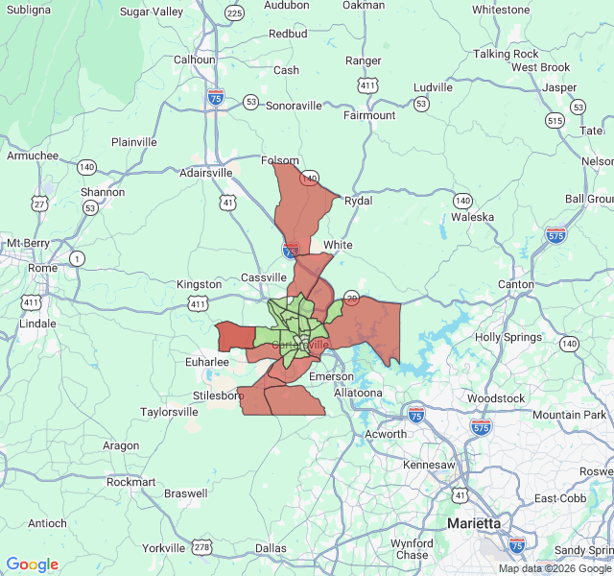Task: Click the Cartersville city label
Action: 300,344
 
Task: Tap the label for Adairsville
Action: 206,173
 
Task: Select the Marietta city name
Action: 474,523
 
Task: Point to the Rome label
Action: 42,268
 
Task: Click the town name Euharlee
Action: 207,362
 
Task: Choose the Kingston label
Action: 199,284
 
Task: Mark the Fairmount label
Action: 369,115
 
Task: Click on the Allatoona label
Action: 358,393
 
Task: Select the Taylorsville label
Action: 169,411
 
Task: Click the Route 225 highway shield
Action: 234,12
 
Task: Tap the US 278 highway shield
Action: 202,547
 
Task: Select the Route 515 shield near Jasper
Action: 554,120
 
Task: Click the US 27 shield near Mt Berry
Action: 39,204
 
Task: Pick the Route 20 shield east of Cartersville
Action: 352,298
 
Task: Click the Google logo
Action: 33,564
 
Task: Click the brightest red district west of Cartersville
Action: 233,336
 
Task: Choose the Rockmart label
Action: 132,482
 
